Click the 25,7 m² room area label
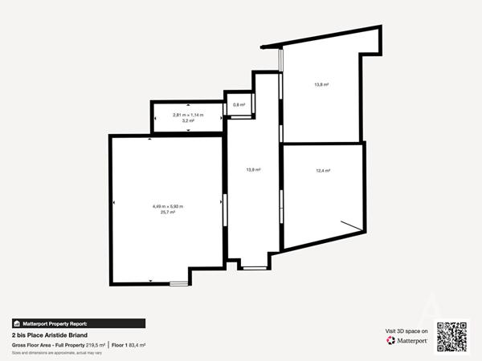pyautogui.click(x=168, y=213)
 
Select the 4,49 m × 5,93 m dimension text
pyautogui.click(x=168, y=206)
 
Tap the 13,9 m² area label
pyautogui.click(x=253, y=169)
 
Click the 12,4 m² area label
pyautogui.click(x=323, y=170)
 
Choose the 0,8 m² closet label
pyautogui.click(x=239, y=105)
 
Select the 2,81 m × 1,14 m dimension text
pyautogui.click(x=188, y=116)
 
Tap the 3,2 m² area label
pyautogui.click(x=188, y=121)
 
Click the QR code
pyautogui.click(x=451, y=336)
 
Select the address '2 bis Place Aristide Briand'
pyautogui.click(x=55, y=335)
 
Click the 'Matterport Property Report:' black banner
pyautogui.click(x=78, y=323)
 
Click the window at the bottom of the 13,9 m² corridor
pyautogui.click(x=254, y=266)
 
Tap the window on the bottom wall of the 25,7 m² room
pyautogui.click(x=178, y=282)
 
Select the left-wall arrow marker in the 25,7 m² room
pyautogui.click(x=114, y=204)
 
